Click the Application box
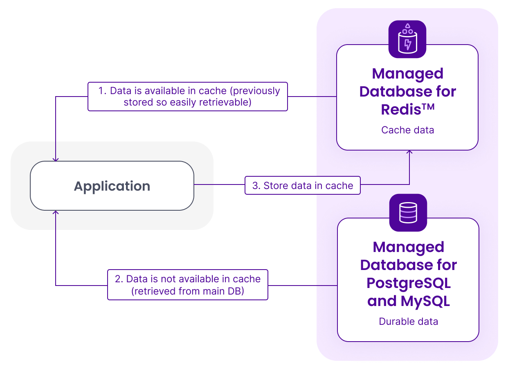pyautogui.click(x=112, y=186)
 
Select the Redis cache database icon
pyautogui.click(x=407, y=40)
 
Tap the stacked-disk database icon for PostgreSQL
pyautogui.click(x=408, y=213)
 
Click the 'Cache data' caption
pyautogui.click(x=407, y=130)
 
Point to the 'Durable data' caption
pyautogui.click(x=408, y=322)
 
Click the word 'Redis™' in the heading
pyautogui.click(x=407, y=110)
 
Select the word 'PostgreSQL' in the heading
pyautogui.click(x=408, y=283)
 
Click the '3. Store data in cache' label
pyautogui.click(x=303, y=186)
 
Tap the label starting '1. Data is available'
pyautogui.click(x=188, y=97)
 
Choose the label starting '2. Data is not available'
pyautogui.click(x=188, y=285)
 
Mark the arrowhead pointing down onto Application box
pyautogui.click(x=56, y=159)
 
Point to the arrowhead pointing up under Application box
pyautogui.click(x=56, y=213)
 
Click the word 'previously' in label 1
pyautogui.click(x=256, y=91)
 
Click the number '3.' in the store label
pyautogui.click(x=256, y=186)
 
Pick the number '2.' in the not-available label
pyautogui.click(x=119, y=279)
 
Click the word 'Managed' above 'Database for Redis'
pyautogui.click(x=407, y=74)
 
